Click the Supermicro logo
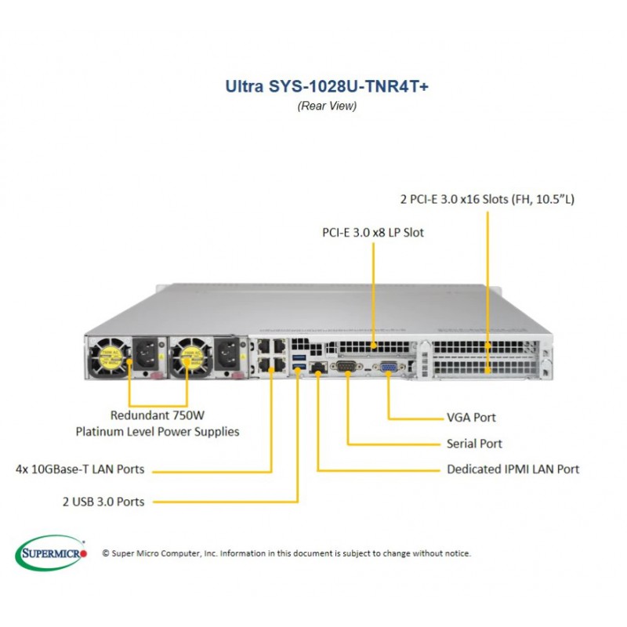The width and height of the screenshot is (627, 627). point(51,553)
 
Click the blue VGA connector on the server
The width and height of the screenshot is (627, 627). point(388,367)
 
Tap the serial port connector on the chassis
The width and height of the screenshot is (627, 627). point(346,366)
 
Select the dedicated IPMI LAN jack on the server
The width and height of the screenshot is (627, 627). point(318,367)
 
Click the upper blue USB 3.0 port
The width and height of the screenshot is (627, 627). point(299,357)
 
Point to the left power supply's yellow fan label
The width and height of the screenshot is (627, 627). point(110,357)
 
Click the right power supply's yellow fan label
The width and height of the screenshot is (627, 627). point(191,357)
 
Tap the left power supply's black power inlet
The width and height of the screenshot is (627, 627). point(146,353)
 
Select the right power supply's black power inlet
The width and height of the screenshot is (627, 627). point(227,353)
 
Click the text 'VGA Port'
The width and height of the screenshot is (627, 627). point(471,418)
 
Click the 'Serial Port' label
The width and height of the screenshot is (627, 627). point(474,444)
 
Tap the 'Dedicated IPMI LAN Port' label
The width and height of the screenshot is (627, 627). point(513,469)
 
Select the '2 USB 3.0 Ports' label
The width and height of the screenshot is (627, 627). point(103,502)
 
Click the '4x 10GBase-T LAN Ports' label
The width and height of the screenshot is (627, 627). point(80,469)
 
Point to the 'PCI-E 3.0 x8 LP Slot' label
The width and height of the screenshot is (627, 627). point(373,232)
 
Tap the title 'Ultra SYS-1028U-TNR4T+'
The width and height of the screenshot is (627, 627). point(327,86)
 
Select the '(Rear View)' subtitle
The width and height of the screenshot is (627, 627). point(327,106)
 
